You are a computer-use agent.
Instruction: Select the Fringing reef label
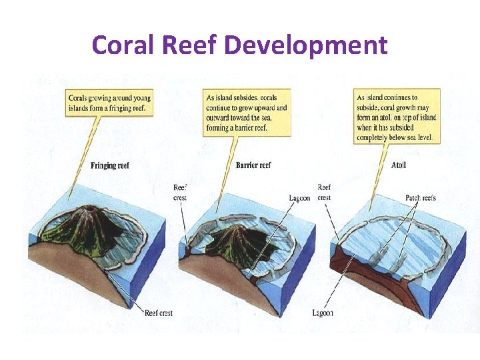[110, 165]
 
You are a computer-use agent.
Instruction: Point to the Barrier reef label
[253, 165]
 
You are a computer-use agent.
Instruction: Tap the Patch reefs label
[421, 198]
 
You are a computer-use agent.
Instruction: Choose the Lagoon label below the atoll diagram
[323, 313]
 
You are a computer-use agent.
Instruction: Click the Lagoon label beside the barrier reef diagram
[299, 198]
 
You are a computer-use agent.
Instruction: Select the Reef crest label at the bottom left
[159, 313]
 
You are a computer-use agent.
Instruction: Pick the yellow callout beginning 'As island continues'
[397, 117]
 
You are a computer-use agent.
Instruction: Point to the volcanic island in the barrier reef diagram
[231, 241]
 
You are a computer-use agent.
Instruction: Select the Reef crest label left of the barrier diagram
[180, 193]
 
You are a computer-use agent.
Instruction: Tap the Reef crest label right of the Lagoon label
[324, 193]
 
